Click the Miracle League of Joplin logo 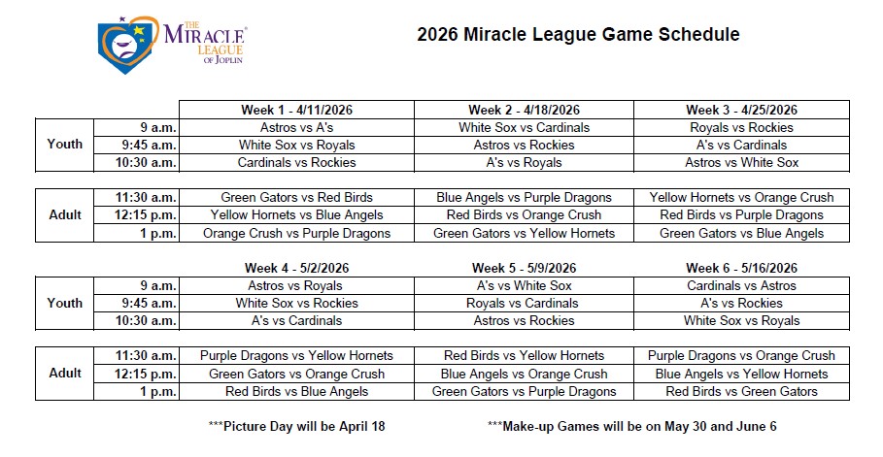[x=172, y=45]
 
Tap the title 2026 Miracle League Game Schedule [x=578, y=34]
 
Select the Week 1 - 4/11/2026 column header [x=297, y=110]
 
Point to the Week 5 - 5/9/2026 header [x=524, y=268]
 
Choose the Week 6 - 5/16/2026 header [x=741, y=268]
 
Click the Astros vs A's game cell [x=297, y=128]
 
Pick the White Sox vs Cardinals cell [x=524, y=128]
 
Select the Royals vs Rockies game [x=741, y=128]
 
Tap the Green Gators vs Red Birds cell [x=297, y=198]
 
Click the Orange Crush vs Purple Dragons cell [x=297, y=233]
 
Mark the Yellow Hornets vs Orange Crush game [x=741, y=198]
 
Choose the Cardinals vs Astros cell [x=741, y=286]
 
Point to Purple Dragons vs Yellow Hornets [x=297, y=356]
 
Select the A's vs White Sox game [x=524, y=286]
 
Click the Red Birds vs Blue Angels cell [x=297, y=392]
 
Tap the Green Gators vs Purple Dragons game [x=524, y=392]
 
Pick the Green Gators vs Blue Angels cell [x=741, y=233]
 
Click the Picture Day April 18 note [x=297, y=426]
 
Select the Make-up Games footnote [x=631, y=426]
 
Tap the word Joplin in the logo [x=228, y=59]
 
